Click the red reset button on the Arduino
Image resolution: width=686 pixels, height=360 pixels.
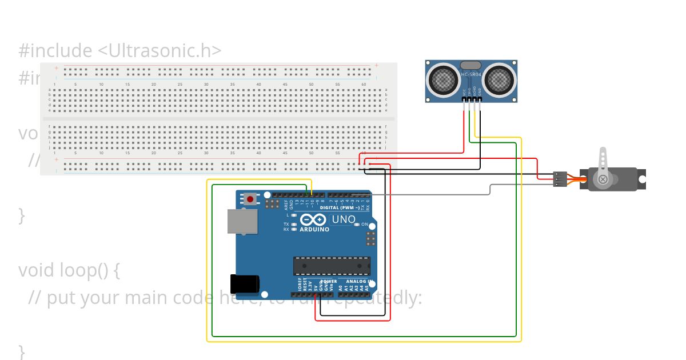click(x=250, y=199)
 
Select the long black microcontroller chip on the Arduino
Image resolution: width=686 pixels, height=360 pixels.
click(x=332, y=266)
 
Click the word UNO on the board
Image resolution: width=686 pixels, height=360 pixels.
click(x=344, y=219)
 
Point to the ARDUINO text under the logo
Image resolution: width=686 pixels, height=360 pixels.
click(x=314, y=229)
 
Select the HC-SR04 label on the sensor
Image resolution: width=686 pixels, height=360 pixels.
click(x=472, y=75)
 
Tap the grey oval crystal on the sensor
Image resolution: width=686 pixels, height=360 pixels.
click(x=471, y=66)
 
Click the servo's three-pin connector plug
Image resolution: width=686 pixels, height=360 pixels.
click(x=560, y=179)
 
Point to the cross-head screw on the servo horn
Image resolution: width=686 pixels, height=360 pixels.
click(x=603, y=179)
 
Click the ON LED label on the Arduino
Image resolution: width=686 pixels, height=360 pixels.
click(x=364, y=225)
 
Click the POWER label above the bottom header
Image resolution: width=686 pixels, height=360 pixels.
click(x=328, y=282)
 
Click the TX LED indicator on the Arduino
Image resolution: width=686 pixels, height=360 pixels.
click(x=293, y=225)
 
